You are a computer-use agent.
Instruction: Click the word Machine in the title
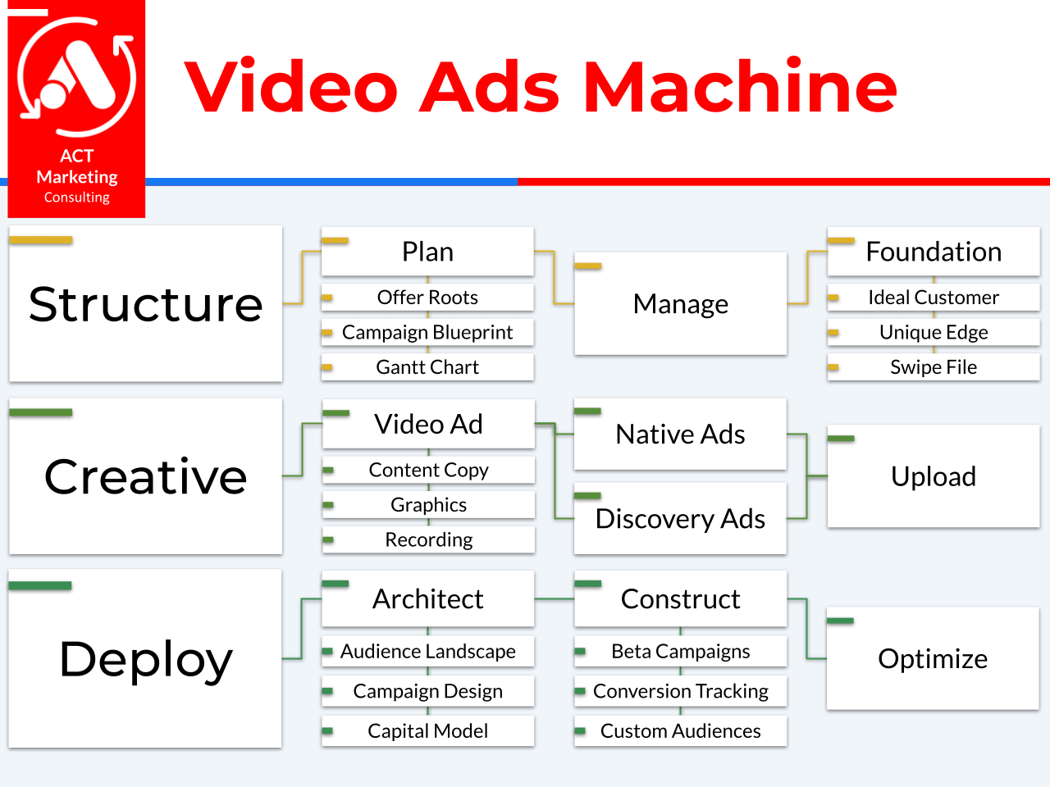click(740, 87)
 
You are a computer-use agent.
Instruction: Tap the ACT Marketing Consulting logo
click(76, 109)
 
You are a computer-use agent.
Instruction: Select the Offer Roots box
click(427, 298)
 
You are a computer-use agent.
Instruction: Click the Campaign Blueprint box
click(427, 332)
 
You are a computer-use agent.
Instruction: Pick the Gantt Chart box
click(427, 367)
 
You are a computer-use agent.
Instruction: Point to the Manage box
click(680, 304)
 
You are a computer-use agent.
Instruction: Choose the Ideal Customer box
click(934, 298)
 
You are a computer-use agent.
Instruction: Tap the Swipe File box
click(934, 367)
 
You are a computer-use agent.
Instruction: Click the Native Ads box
click(680, 434)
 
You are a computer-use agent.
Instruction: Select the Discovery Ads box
click(680, 518)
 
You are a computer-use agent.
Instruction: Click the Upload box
click(934, 476)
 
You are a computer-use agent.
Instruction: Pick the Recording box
click(428, 540)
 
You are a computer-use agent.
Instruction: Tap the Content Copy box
click(428, 471)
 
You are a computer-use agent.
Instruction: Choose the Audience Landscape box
click(427, 651)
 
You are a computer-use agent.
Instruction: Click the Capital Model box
click(427, 731)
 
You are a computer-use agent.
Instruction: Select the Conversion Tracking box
click(680, 691)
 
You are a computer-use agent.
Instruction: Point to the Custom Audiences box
click(680, 731)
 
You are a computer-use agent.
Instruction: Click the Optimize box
click(933, 658)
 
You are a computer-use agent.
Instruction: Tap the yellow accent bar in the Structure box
click(41, 240)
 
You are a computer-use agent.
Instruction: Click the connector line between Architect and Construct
click(555, 598)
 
